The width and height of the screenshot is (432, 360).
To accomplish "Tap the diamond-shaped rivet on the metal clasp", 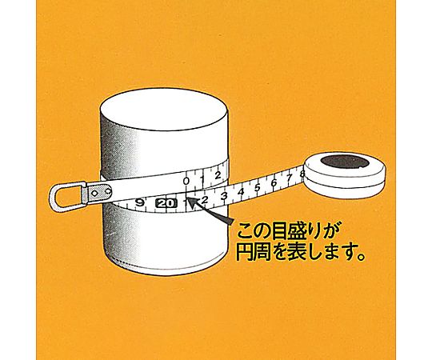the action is click(x=94, y=194).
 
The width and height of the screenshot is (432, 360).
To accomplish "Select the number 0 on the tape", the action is click(x=186, y=181).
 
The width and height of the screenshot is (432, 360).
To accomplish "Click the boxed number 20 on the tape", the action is click(x=166, y=203).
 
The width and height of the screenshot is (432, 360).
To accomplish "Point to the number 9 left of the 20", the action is click(x=140, y=203).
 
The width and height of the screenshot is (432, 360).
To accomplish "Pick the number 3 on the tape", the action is click(x=224, y=196).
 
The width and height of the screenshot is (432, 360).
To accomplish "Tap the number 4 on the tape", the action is click(x=241, y=192).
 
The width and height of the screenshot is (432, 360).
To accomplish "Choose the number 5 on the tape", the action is click(x=258, y=187).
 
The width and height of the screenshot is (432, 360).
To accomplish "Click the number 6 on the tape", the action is click(x=274, y=182).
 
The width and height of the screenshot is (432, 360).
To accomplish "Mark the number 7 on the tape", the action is click(x=289, y=178).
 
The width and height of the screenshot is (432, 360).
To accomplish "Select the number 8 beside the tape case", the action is click(x=302, y=174).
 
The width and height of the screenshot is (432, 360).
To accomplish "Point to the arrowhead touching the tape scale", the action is click(x=193, y=202).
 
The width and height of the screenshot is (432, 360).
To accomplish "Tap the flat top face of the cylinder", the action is click(x=164, y=110).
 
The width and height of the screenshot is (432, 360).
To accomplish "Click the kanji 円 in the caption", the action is click(x=245, y=252).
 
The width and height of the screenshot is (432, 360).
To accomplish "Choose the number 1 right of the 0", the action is click(x=202, y=179).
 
